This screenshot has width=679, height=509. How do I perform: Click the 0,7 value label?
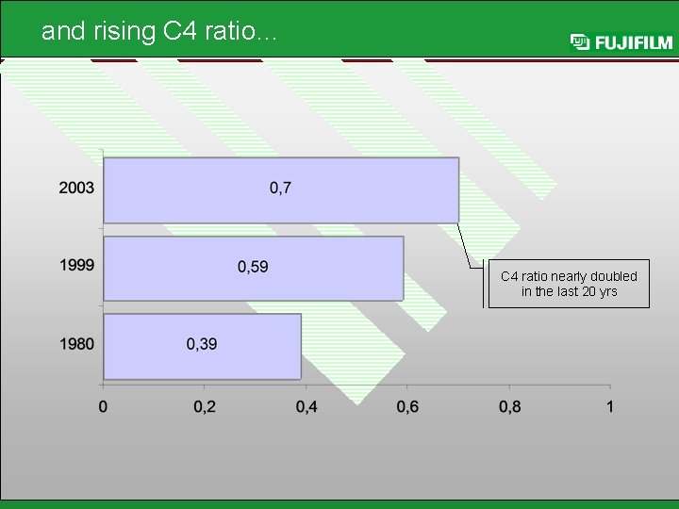coord(281,189)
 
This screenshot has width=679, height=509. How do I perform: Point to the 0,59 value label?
coord(252,267)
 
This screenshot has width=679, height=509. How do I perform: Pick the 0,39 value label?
coord(201,344)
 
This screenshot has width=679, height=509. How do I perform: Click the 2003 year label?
coord(76,188)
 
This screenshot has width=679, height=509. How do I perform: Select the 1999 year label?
coord(76,266)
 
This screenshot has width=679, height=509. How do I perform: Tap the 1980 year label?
coord(76,344)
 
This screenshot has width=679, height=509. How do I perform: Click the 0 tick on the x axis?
coord(103,406)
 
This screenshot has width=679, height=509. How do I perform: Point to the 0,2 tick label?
coord(204,406)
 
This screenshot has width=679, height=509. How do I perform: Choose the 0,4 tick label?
coord(306,406)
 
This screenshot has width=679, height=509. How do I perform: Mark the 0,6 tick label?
coord(407,406)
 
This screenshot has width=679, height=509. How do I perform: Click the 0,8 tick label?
coord(509,406)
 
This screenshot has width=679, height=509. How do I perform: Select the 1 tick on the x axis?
coord(610,406)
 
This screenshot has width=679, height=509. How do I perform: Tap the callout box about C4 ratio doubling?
coord(568,284)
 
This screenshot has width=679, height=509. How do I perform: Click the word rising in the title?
coord(124,31)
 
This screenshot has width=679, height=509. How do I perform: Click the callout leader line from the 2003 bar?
coord(469,247)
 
